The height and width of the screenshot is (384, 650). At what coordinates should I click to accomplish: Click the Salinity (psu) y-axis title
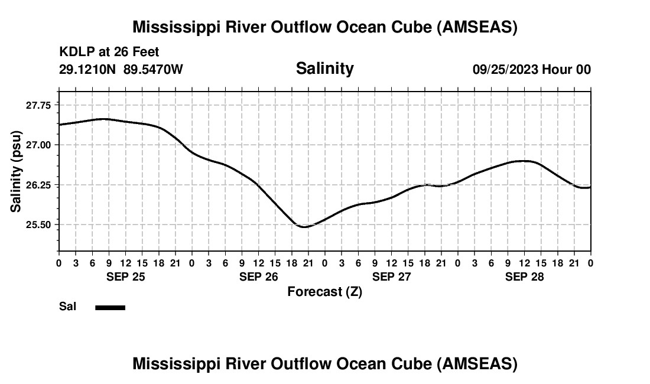tap(16, 171)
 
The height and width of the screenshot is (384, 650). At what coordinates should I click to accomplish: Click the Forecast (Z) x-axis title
tap(324, 292)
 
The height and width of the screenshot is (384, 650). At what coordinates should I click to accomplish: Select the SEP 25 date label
tap(125, 276)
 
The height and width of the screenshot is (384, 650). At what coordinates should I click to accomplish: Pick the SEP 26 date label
tap(258, 276)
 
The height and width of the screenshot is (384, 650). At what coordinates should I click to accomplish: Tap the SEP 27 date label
tap(391, 276)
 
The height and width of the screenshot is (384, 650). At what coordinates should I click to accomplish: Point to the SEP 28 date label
tap(525, 276)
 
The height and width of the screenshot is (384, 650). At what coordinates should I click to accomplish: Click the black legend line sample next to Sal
tap(110, 307)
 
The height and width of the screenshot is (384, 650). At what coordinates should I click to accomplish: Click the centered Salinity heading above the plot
tap(324, 69)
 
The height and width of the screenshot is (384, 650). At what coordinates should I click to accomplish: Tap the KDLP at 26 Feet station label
tap(109, 53)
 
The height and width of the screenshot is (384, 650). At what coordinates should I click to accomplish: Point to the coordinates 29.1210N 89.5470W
tap(121, 70)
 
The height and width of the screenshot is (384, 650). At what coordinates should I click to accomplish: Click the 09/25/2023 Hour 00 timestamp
tap(531, 70)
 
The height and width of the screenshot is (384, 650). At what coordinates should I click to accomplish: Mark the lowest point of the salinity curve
tap(304, 227)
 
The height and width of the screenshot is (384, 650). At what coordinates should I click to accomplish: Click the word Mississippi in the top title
tap(177, 27)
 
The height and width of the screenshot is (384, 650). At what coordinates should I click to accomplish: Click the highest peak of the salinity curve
tap(104, 119)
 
